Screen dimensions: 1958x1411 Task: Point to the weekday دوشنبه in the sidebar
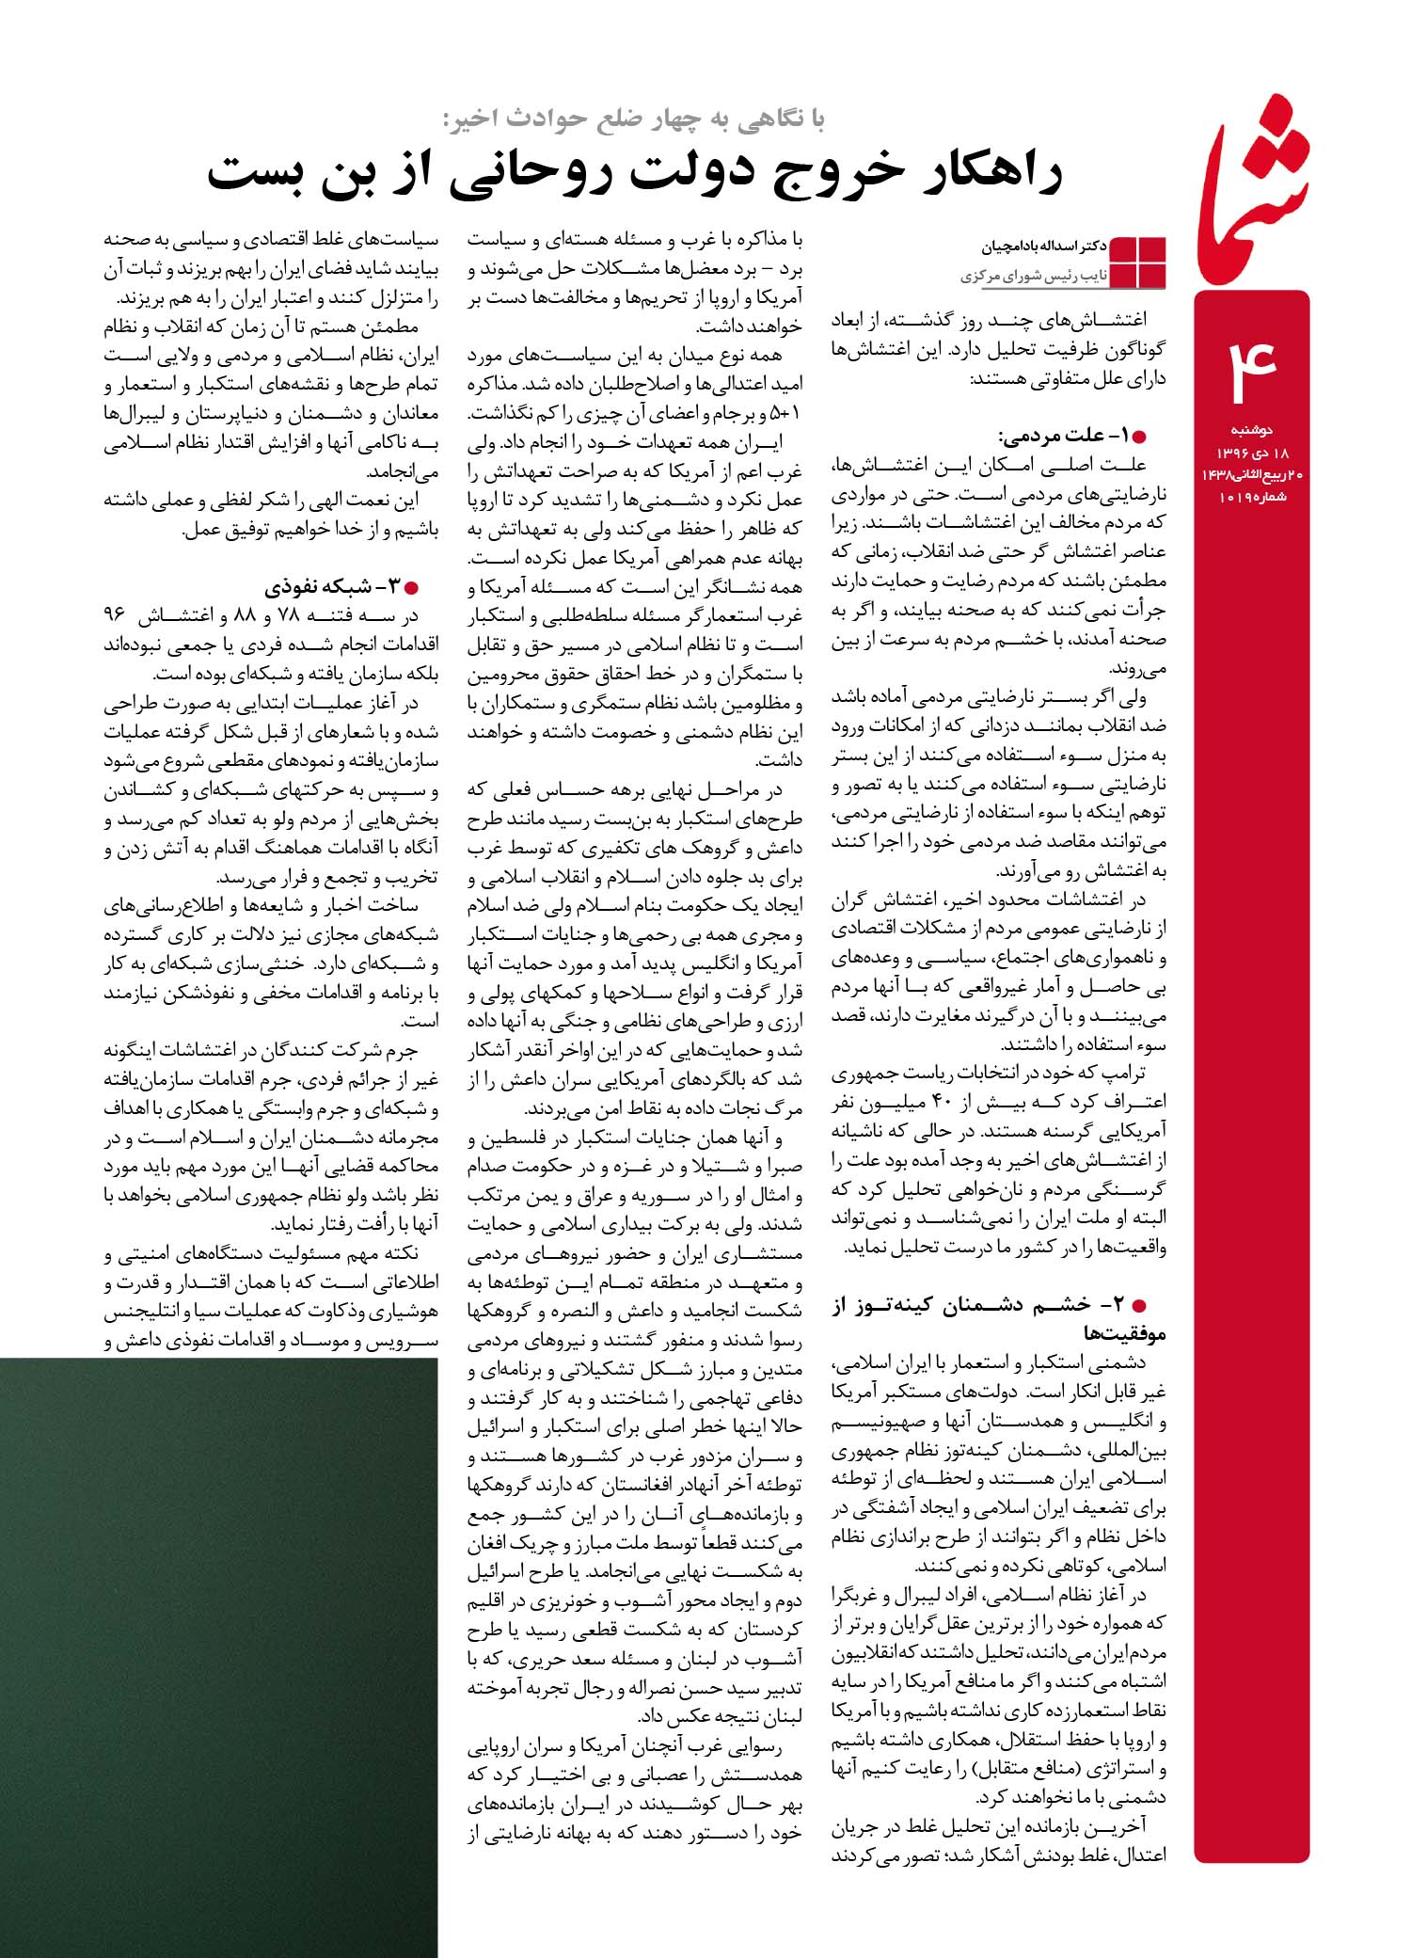[1252, 431]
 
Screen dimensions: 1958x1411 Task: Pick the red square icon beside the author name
[1139, 262]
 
